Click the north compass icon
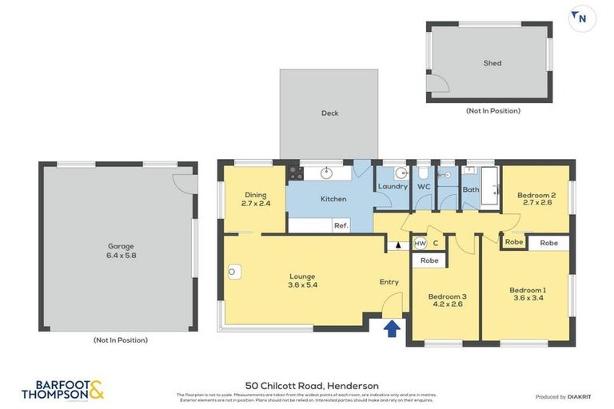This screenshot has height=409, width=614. [581, 18]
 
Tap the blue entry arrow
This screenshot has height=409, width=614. [392, 328]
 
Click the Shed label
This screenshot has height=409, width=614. [492, 63]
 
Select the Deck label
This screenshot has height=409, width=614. [329, 113]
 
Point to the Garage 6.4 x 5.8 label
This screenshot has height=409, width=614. [121, 251]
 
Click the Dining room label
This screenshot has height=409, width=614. [256, 199]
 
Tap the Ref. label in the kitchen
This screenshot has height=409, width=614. [341, 226]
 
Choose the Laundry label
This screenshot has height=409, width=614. [393, 187]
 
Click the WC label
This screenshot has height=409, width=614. [424, 187]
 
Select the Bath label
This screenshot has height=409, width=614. [471, 189]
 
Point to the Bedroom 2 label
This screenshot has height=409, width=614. [536, 199]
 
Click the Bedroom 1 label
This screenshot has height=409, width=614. [528, 294]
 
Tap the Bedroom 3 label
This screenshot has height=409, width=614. [447, 300]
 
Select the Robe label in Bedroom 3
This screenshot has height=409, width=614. [429, 260]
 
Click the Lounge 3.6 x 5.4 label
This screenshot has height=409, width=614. [302, 280]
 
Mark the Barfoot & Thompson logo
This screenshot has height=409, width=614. [62, 391]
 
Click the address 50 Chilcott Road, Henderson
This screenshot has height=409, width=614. [312, 386]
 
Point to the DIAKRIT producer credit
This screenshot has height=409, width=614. [564, 397]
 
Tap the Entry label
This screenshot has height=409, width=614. [389, 282]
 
